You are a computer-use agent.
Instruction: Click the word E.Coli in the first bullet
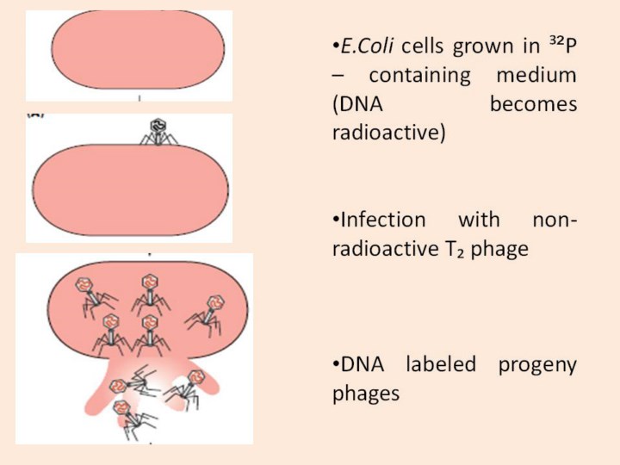click(x=367, y=46)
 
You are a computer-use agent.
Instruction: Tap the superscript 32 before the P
click(x=556, y=40)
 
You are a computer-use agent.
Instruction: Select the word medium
click(x=536, y=75)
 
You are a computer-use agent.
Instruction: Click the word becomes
click(x=533, y=103)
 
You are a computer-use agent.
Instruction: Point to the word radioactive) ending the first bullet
click(x=389, y=133)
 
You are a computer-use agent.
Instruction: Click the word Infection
click(x=383, y=220)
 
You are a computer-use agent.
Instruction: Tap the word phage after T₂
click(x=499, y=250)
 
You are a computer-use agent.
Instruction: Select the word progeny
click(x=537, y=365)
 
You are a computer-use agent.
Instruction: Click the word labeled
click(x=441, y=363)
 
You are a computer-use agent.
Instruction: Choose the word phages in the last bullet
click(x=366, y=394)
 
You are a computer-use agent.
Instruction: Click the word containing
click(x=420, y=76)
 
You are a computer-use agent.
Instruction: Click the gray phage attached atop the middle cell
click(x=158, y=132)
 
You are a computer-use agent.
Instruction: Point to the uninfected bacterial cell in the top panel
click(x=138, y=49)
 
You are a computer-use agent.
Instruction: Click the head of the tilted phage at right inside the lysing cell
click(x=215, y=302)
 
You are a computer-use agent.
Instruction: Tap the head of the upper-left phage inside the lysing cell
click(x=84, y=285)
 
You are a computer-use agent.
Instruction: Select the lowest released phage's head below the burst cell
click(x=121, y=407)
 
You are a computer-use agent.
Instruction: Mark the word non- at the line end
click(x=555, y=220)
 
